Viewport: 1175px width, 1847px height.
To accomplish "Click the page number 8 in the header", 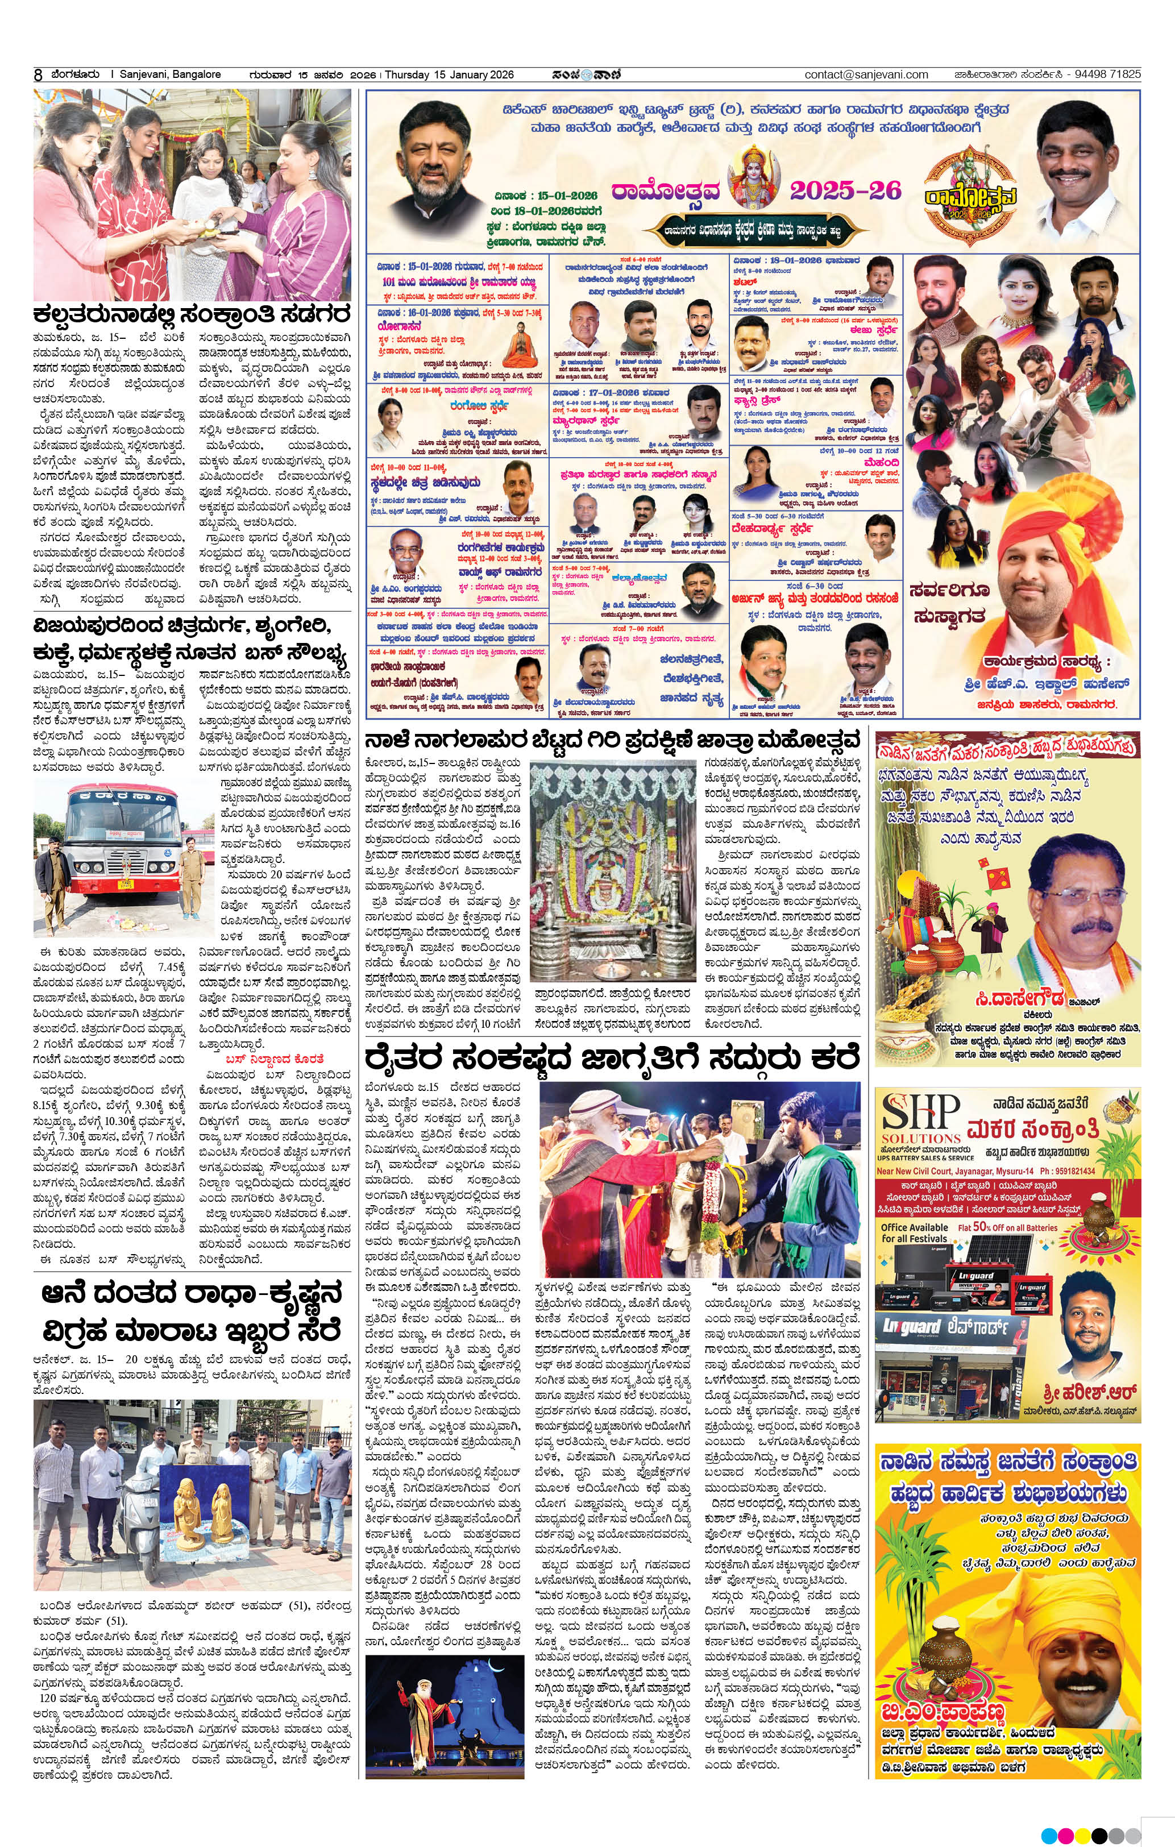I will point(38,75).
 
